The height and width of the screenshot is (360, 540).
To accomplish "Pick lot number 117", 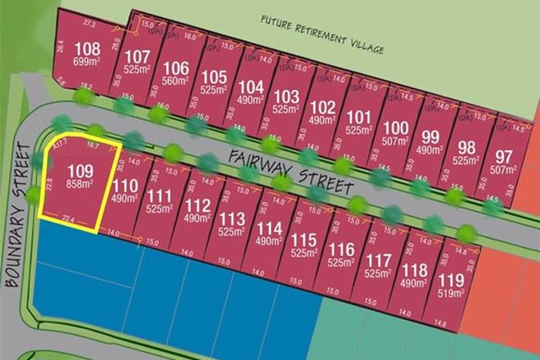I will pos(378,260).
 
